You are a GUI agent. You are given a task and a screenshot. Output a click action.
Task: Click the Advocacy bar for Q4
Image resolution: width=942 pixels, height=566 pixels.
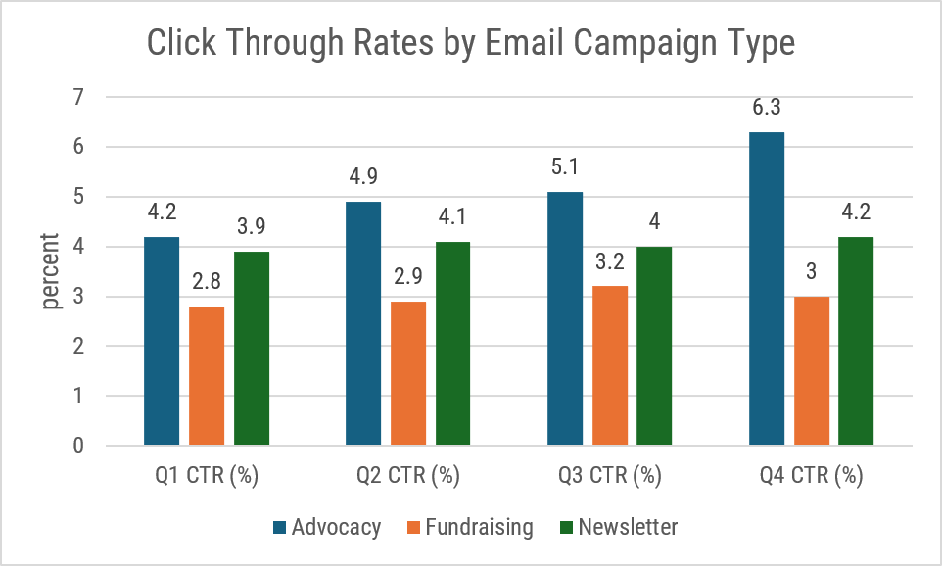(767, 289)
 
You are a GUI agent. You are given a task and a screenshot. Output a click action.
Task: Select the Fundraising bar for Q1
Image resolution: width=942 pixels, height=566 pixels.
(207, 376)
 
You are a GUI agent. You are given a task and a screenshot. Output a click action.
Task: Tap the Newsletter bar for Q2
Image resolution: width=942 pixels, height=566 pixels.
(453, 344)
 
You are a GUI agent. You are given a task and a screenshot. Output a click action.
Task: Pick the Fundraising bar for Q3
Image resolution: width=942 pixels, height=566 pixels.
(610, 366)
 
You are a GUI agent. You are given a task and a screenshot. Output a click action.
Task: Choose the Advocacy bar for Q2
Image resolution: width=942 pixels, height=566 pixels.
(363, 324)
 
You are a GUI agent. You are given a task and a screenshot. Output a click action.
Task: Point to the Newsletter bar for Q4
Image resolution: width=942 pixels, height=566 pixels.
(856, 341)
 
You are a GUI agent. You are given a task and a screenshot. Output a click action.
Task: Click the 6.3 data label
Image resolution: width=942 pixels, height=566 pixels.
(767, 108)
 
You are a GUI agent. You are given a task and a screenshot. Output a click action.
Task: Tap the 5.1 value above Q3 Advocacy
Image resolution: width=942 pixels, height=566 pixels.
(565, 167)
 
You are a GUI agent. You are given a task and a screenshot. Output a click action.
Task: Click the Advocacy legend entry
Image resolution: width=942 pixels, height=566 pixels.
(327, 527)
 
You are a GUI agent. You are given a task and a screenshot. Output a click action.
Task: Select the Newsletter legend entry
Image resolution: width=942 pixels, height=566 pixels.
(616, 527)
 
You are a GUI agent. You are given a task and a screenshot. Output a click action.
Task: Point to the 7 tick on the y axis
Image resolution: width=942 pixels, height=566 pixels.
(77, 97)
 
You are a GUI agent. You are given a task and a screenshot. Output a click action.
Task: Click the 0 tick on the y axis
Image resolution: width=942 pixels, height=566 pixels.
(77, 447)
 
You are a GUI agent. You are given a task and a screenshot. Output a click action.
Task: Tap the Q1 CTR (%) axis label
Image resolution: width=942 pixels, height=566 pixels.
(207, 477)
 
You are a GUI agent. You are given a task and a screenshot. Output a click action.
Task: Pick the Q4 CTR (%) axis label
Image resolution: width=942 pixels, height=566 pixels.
(811, 477)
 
